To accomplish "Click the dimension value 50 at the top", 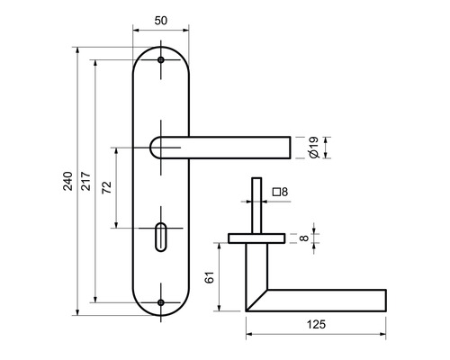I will (161, 20).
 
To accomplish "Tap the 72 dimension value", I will (106, 188).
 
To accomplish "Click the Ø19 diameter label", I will (310, 148).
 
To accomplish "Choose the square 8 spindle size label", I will (278, 192).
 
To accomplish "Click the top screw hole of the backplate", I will (162, 60).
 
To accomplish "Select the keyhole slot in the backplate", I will (162, 240).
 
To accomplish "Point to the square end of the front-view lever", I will (286, 148).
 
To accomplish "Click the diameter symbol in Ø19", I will (310, 156).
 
